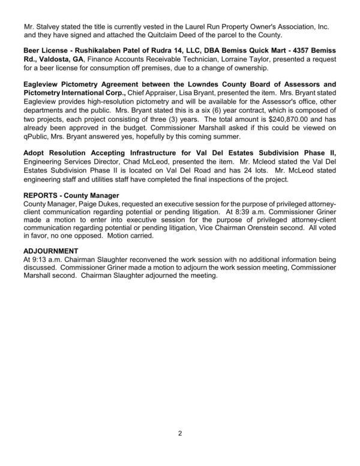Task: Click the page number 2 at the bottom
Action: click(179, 434)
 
